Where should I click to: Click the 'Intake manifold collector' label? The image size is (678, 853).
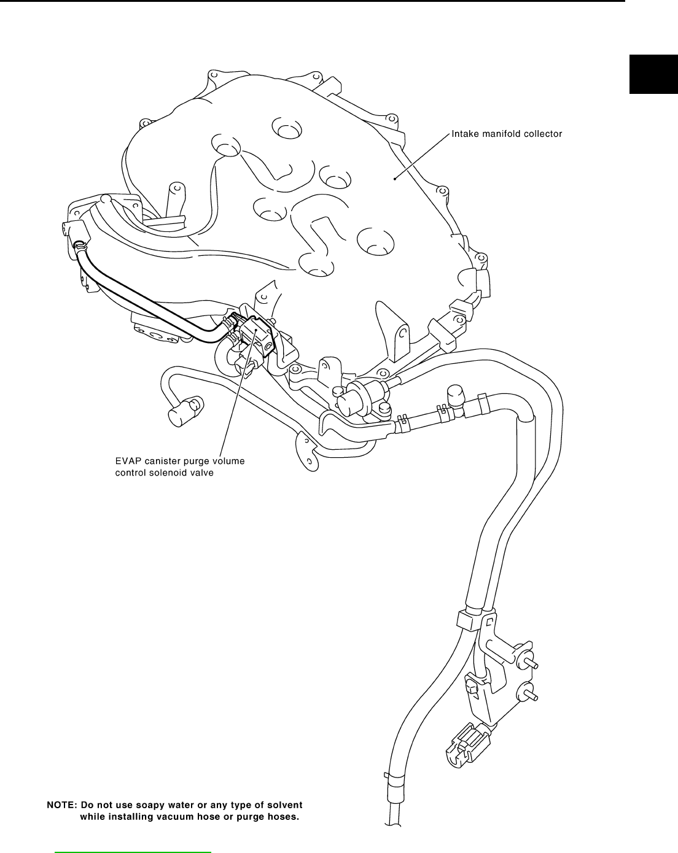click(507, 133)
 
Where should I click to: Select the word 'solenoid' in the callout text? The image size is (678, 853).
click(169, 473)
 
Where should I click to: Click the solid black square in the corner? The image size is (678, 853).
click(653, 73)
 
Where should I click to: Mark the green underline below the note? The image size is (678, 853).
click(133, 852)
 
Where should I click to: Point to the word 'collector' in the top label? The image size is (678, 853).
click(540, 133)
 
